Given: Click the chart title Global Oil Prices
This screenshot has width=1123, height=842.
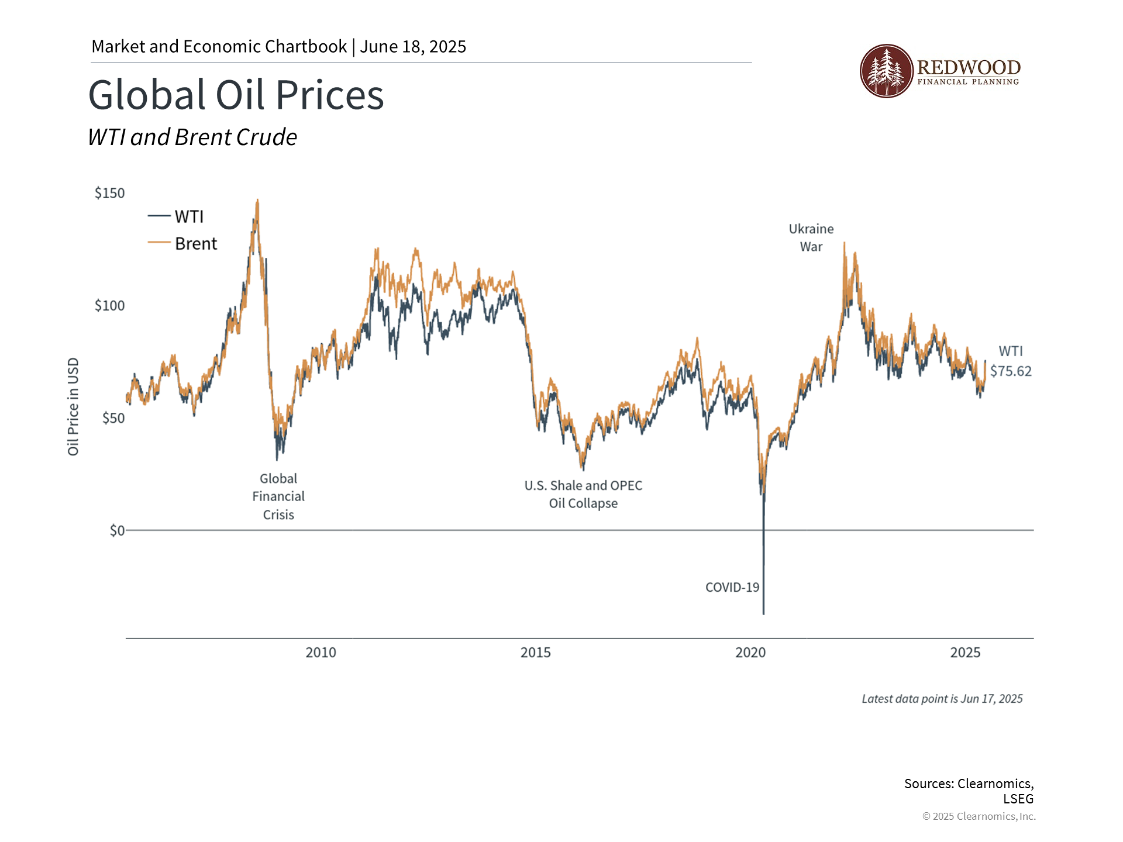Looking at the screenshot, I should [x=236, y=95].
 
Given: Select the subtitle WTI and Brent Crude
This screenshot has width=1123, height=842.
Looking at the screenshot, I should [x=192, y=137].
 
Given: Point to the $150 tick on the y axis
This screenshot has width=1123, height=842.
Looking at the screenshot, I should [x=109, y=194].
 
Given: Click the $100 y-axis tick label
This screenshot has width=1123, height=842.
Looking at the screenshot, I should [x=109, y=306].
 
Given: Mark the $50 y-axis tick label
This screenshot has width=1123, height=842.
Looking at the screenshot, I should [x=113, y=418].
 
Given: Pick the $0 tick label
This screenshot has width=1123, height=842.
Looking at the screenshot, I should [x=117, y=530].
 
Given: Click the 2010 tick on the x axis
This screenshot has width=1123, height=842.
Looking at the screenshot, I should [x=321, y=653].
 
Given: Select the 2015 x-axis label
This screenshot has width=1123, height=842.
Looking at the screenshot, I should [x=535, y=653].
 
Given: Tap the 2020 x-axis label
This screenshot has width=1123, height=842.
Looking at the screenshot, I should [x=750, y=653].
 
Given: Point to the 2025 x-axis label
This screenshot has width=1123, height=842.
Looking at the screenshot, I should [x=965, y=653].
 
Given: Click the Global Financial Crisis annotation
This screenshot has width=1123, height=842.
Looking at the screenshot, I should [x=278, y=496].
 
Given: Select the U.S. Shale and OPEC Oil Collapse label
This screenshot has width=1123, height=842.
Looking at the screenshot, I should [x=583, y=494].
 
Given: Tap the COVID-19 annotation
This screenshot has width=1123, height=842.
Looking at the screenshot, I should [x=732, y=588].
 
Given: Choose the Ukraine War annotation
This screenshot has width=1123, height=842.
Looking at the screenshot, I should [x=811, y=237].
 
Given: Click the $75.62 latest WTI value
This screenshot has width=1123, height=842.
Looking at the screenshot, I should [x=1011, y=371].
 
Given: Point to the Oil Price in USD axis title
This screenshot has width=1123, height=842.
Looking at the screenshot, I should [x=73, y=406].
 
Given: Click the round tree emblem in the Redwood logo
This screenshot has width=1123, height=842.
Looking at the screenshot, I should [x=886, y=71].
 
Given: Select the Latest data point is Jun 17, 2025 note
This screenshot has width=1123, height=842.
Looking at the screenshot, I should [x=942, y=699].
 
